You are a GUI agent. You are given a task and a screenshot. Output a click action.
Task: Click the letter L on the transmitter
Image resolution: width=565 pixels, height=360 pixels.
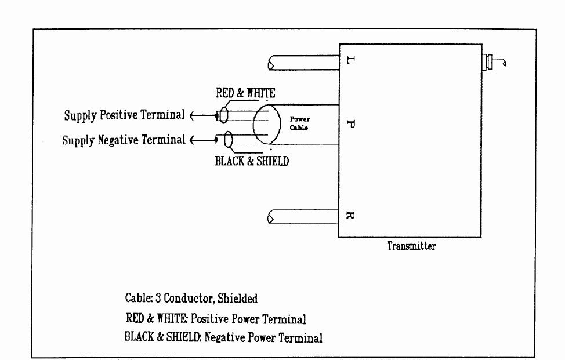(347, 60)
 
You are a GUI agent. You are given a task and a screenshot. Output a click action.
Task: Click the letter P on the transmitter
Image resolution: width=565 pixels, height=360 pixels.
(347, 124)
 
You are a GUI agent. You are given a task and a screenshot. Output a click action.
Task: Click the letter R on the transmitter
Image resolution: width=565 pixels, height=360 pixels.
(347, 217)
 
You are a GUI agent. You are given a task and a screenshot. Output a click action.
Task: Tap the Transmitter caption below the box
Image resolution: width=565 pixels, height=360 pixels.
(411, 246)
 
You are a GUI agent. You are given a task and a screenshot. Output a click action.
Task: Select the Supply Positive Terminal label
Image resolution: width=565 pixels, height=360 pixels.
(124, 115)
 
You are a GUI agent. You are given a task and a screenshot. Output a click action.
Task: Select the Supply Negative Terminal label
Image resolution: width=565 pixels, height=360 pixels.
(124, 140)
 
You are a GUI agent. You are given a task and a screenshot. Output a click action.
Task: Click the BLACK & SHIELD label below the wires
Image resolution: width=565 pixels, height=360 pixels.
(252, 161)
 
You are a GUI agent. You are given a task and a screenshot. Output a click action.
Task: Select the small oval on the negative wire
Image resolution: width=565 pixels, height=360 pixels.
(229, 140)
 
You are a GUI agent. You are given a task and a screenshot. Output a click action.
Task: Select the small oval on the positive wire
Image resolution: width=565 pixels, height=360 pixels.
(223, 115)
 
